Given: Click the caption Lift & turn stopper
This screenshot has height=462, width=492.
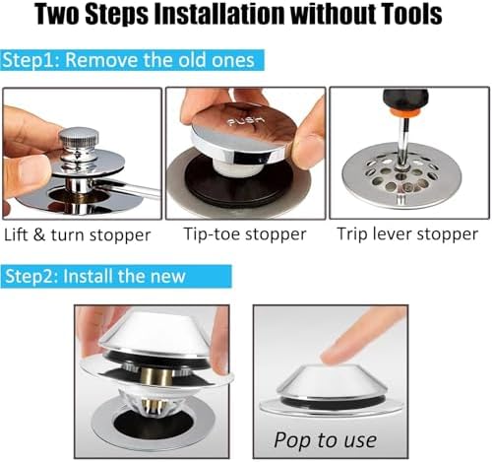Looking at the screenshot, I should tap(78, 234).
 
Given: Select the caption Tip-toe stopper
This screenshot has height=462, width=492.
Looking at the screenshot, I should tap(245, 234).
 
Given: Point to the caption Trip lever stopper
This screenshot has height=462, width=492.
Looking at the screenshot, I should tap(407, 234).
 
